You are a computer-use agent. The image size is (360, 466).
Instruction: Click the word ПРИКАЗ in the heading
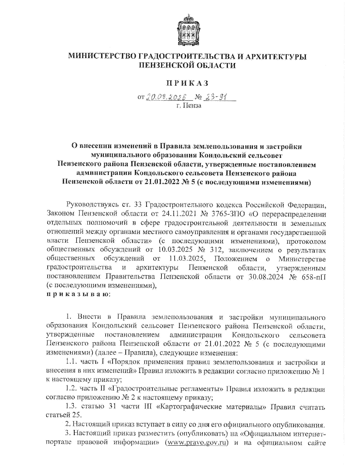[x=187, y=83]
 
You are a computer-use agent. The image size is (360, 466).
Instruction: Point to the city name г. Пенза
[x=189, y=105]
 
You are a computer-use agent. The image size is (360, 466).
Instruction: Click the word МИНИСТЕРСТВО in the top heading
[x=102, y=56]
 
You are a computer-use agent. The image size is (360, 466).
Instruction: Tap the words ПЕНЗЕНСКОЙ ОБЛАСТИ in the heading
[x=187, y=65]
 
